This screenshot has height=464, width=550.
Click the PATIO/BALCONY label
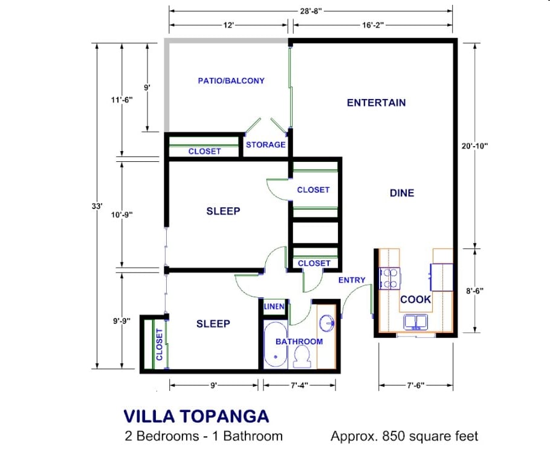click(x=231, y=81)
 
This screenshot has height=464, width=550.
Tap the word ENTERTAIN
click(x=377, y=103)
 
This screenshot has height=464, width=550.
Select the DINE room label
click(x=402, y=193)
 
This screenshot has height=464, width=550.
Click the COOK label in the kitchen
click(x=416, y=300)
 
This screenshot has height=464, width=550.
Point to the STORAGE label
click(x=265, y=145)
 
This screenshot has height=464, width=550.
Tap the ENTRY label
click(x=352, y=280)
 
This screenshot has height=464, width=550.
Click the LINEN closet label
click(x=274, y=306)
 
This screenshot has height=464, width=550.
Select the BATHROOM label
click(x=299, y=341)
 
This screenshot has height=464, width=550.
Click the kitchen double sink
click(x=416, y=322)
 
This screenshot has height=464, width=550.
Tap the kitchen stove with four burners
click(x=390, y=279)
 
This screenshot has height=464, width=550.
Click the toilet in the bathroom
click(x=302, y=356)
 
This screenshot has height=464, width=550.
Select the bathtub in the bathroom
click(x=276, y=345)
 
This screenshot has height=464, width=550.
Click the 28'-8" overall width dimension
click(x=311, y=11)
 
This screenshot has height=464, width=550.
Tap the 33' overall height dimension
click(x=97, y=206)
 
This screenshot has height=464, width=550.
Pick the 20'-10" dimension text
click(x=474, y=146)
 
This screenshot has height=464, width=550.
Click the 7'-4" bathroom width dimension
click(x=299, y=385)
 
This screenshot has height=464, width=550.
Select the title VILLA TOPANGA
click(x=196, y=416)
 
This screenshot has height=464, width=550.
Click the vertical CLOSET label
click(x=160, y=344)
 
